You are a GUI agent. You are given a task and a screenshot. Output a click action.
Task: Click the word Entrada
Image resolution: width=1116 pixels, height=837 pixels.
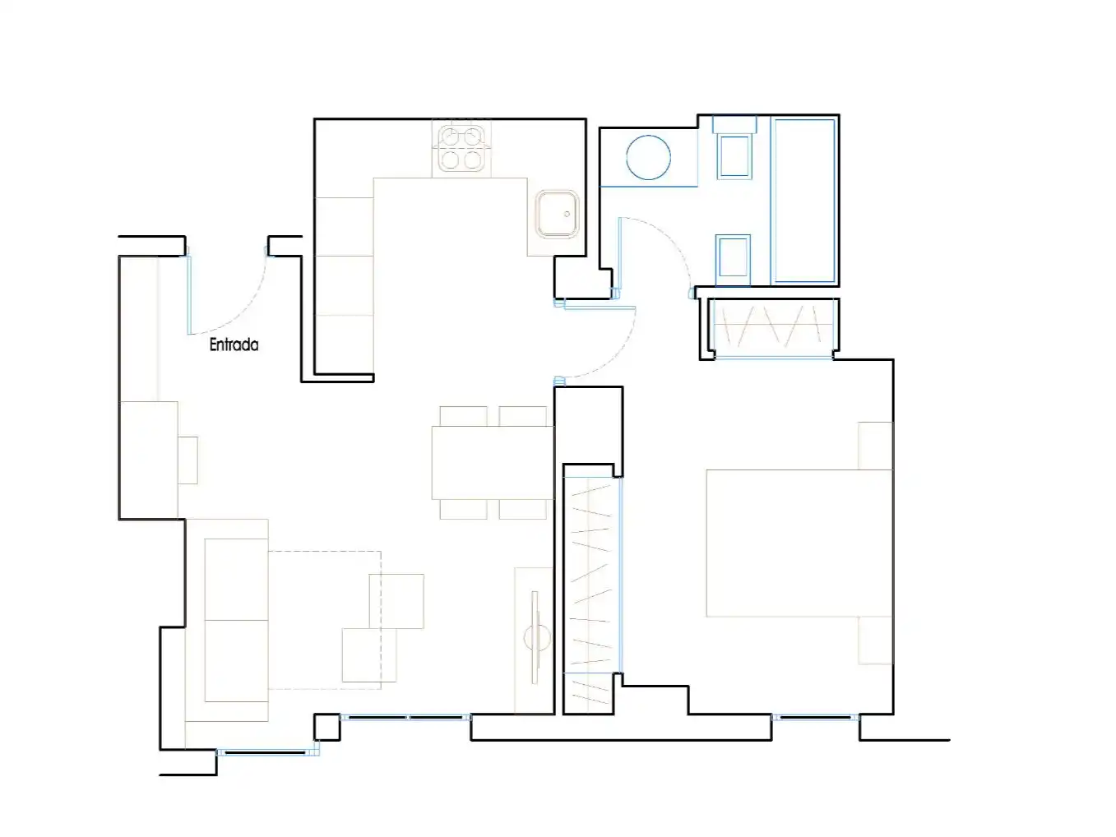234,345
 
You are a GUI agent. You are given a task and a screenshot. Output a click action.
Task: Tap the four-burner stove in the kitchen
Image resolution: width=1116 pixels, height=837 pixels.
461,148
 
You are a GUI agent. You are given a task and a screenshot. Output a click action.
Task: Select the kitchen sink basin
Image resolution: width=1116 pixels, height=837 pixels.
558,214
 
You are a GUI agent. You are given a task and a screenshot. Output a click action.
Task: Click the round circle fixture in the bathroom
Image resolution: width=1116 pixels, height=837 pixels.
648,158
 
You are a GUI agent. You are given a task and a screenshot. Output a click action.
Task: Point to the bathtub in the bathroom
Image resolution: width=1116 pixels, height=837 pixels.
804,201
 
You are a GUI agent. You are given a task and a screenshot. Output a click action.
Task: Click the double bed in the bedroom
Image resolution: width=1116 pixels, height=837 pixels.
799,543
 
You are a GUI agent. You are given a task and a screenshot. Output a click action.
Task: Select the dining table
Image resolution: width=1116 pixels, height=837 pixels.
492,462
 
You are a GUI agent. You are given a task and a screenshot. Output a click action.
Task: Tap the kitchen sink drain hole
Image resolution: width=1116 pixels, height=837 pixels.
567,215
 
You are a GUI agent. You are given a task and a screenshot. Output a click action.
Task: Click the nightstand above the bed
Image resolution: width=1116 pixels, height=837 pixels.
876,446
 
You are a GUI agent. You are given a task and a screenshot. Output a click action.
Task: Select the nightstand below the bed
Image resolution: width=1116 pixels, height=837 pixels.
876,640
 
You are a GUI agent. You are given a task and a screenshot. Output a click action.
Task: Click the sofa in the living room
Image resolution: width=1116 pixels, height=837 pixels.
227,620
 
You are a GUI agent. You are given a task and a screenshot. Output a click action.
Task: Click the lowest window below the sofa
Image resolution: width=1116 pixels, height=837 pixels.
267,752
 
